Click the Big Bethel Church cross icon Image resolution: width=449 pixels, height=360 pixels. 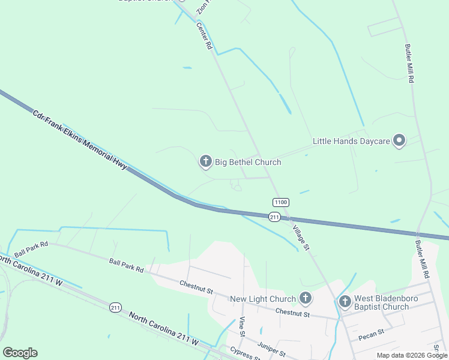coord(206,161)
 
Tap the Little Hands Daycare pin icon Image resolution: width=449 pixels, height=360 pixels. coord(399,142)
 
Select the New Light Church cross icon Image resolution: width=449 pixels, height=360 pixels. coord(306,298)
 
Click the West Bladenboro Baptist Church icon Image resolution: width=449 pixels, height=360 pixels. coord(345,301)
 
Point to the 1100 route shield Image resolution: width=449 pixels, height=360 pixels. coord(280,203)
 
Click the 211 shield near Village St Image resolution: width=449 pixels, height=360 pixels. coord(274,217)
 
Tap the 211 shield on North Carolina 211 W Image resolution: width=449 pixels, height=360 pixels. coord(116,307)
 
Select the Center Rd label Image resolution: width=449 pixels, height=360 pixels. coord(205,35)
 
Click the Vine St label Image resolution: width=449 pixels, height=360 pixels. coord(243,326)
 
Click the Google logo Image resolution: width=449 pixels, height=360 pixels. coord(20,353)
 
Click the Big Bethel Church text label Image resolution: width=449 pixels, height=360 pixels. coord(248,161)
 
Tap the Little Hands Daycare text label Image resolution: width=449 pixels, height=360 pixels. coord(351,142)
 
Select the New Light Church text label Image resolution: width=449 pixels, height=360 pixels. coord(263,298)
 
